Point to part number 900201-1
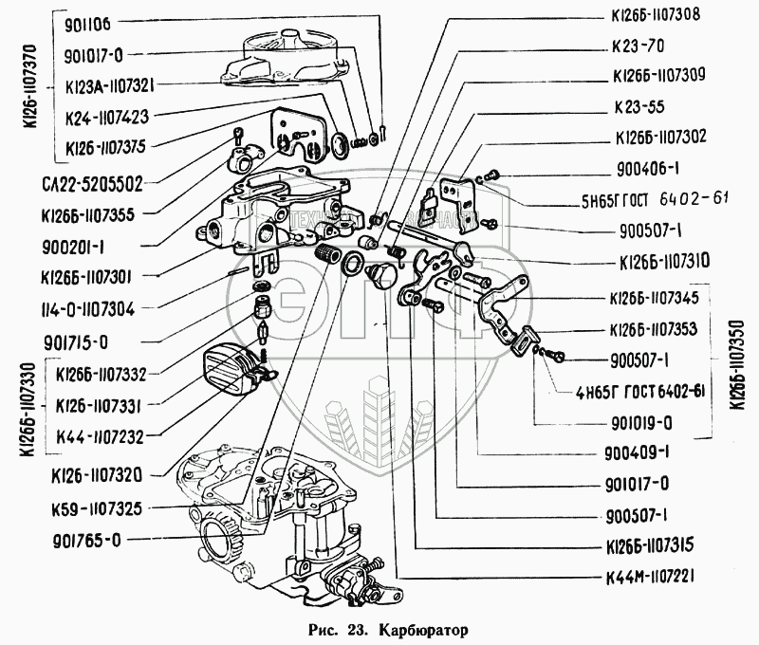pos(73,245)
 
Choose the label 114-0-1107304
pos(83,307)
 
